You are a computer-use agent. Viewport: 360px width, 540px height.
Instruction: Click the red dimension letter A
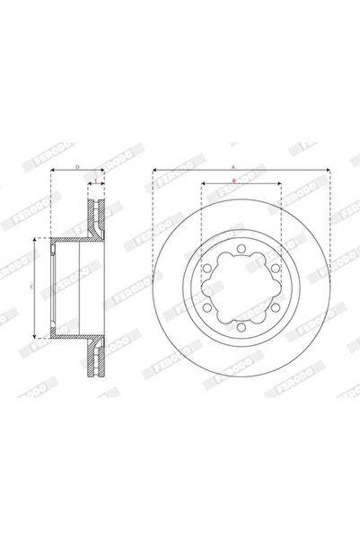[x=233, y=166]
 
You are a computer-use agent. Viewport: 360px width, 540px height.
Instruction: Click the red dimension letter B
[x=233, y=181]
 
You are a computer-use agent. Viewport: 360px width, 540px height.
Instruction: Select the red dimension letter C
[x=32, y=286]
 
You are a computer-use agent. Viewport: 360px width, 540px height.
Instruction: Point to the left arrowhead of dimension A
[x=154, y=170]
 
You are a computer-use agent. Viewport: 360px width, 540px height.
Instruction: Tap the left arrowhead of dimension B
[x=203, y=184]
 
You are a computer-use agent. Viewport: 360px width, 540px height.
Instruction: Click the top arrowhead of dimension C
[x=35, y=241]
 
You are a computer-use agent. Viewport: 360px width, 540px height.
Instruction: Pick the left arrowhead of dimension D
[x=52, y=170]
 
